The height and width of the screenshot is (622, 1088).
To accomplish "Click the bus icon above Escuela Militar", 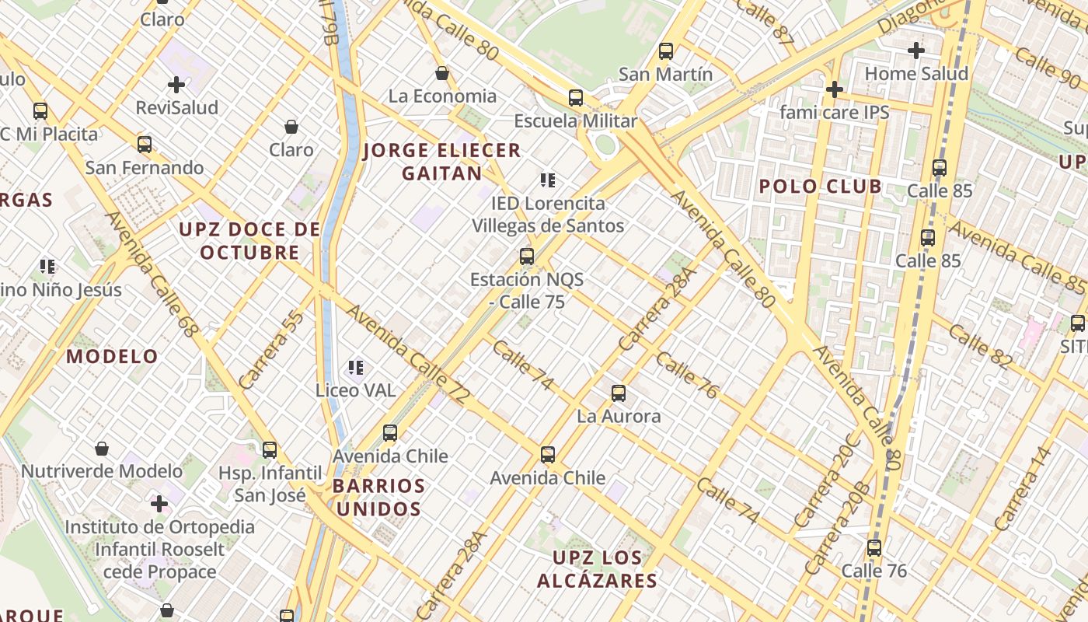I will pos(575,98).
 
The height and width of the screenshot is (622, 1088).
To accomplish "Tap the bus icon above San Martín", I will pos(665,51).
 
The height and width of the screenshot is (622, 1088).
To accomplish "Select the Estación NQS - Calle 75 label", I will pos(527,290).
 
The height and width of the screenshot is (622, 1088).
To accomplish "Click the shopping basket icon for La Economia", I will pos(442,73).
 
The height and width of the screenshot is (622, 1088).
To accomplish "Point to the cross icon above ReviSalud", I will pos(176,84).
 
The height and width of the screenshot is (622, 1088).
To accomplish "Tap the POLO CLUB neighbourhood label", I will pos(820,187).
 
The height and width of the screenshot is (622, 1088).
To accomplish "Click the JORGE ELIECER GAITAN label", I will pos(441,162).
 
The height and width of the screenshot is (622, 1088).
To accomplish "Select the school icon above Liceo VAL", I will pos(356,367).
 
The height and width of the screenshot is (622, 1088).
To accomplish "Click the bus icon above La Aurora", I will pos(619,393).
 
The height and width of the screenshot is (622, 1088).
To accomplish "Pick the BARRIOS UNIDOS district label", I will pos(378,498).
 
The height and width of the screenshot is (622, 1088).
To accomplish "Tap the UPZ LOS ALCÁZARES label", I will pos(597,569).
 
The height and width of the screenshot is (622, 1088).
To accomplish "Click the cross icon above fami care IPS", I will pos(834,89).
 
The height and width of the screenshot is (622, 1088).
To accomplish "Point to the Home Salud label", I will pos(916,74).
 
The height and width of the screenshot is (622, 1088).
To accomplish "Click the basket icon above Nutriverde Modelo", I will pos(102,449).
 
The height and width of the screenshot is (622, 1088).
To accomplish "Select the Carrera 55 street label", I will pos(270,349).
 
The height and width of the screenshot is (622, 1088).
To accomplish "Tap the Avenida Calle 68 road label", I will pos(152,274).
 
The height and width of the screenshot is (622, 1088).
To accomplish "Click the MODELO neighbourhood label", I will pos(112,357).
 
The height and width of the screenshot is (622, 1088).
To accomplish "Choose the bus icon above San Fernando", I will pos(144,144).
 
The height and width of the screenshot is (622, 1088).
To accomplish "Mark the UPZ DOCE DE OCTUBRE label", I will pos(249,241).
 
